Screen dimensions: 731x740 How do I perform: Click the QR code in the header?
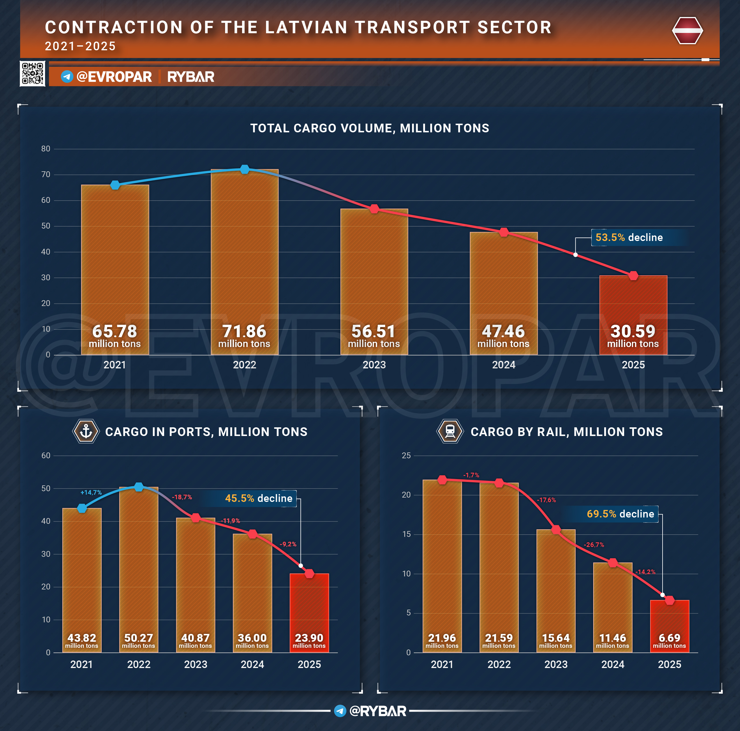33,73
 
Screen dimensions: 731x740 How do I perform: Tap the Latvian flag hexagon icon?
687,31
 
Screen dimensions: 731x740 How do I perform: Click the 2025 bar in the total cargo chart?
633,315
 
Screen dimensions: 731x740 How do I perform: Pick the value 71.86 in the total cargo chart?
244,331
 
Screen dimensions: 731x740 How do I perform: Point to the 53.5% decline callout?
629,238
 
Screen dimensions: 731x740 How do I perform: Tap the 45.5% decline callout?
259,498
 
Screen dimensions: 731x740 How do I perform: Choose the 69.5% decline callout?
620,514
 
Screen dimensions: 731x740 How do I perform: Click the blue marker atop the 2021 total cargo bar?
115,185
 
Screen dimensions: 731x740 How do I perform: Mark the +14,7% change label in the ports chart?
91,492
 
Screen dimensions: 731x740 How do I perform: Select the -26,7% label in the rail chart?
594,545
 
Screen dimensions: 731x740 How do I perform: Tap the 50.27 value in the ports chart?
139,638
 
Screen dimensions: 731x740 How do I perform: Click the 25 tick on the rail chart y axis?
406,455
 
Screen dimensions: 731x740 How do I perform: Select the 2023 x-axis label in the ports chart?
195,664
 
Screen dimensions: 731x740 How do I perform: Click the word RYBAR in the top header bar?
191,77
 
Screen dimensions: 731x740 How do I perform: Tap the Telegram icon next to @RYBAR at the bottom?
340,711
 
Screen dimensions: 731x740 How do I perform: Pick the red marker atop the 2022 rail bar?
499,483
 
